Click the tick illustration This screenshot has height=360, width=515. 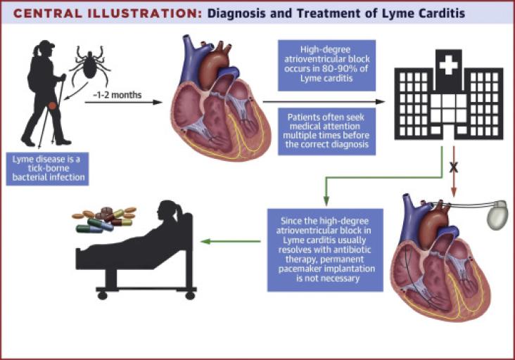pos(89,65)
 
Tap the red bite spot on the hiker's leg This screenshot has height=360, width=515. pos(52,105)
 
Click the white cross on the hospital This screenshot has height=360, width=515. pos(448,65)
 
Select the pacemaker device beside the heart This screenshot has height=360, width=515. pos(497,215)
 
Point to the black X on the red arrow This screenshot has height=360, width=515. pos(454,167)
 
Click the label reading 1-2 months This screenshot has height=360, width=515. pos(117,95)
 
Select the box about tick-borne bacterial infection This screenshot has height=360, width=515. pos(47,169)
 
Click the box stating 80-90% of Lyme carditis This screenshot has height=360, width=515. pos(327,65)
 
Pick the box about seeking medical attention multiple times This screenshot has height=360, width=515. pos(327,131)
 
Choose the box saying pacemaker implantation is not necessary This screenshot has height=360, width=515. pos(325,250)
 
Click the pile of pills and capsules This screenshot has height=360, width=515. pos(104,220)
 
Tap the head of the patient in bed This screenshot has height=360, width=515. pos(168,211)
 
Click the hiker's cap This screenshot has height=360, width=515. pos(46,44)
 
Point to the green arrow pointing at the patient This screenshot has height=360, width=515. pos(231,242)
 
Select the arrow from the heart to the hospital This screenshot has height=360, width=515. pos(324,102)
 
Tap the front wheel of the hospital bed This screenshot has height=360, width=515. pos(103,296)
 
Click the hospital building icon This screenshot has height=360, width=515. pos(449,94)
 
